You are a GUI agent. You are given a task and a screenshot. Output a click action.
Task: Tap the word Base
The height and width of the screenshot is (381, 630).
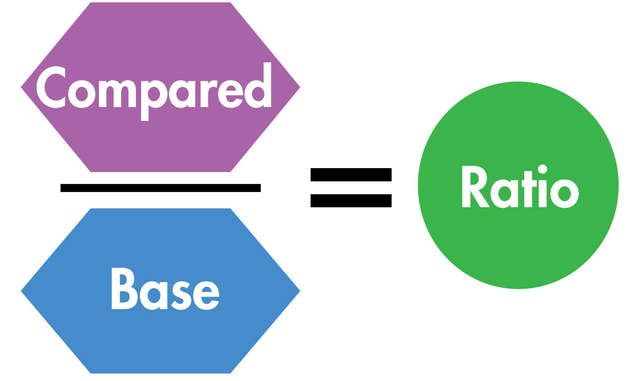pos(165,290)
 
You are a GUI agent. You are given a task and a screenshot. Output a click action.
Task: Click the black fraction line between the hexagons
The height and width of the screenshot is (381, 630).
pos(160,187)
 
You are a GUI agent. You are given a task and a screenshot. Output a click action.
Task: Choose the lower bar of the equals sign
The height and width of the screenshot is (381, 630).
pos(351,202)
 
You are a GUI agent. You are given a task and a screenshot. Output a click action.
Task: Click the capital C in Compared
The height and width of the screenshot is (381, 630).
pos(54,88)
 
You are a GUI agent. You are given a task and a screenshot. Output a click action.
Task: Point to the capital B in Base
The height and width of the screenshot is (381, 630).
pos(124,290)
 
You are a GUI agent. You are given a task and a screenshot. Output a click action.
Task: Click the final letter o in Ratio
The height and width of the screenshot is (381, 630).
pos(561,193)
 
